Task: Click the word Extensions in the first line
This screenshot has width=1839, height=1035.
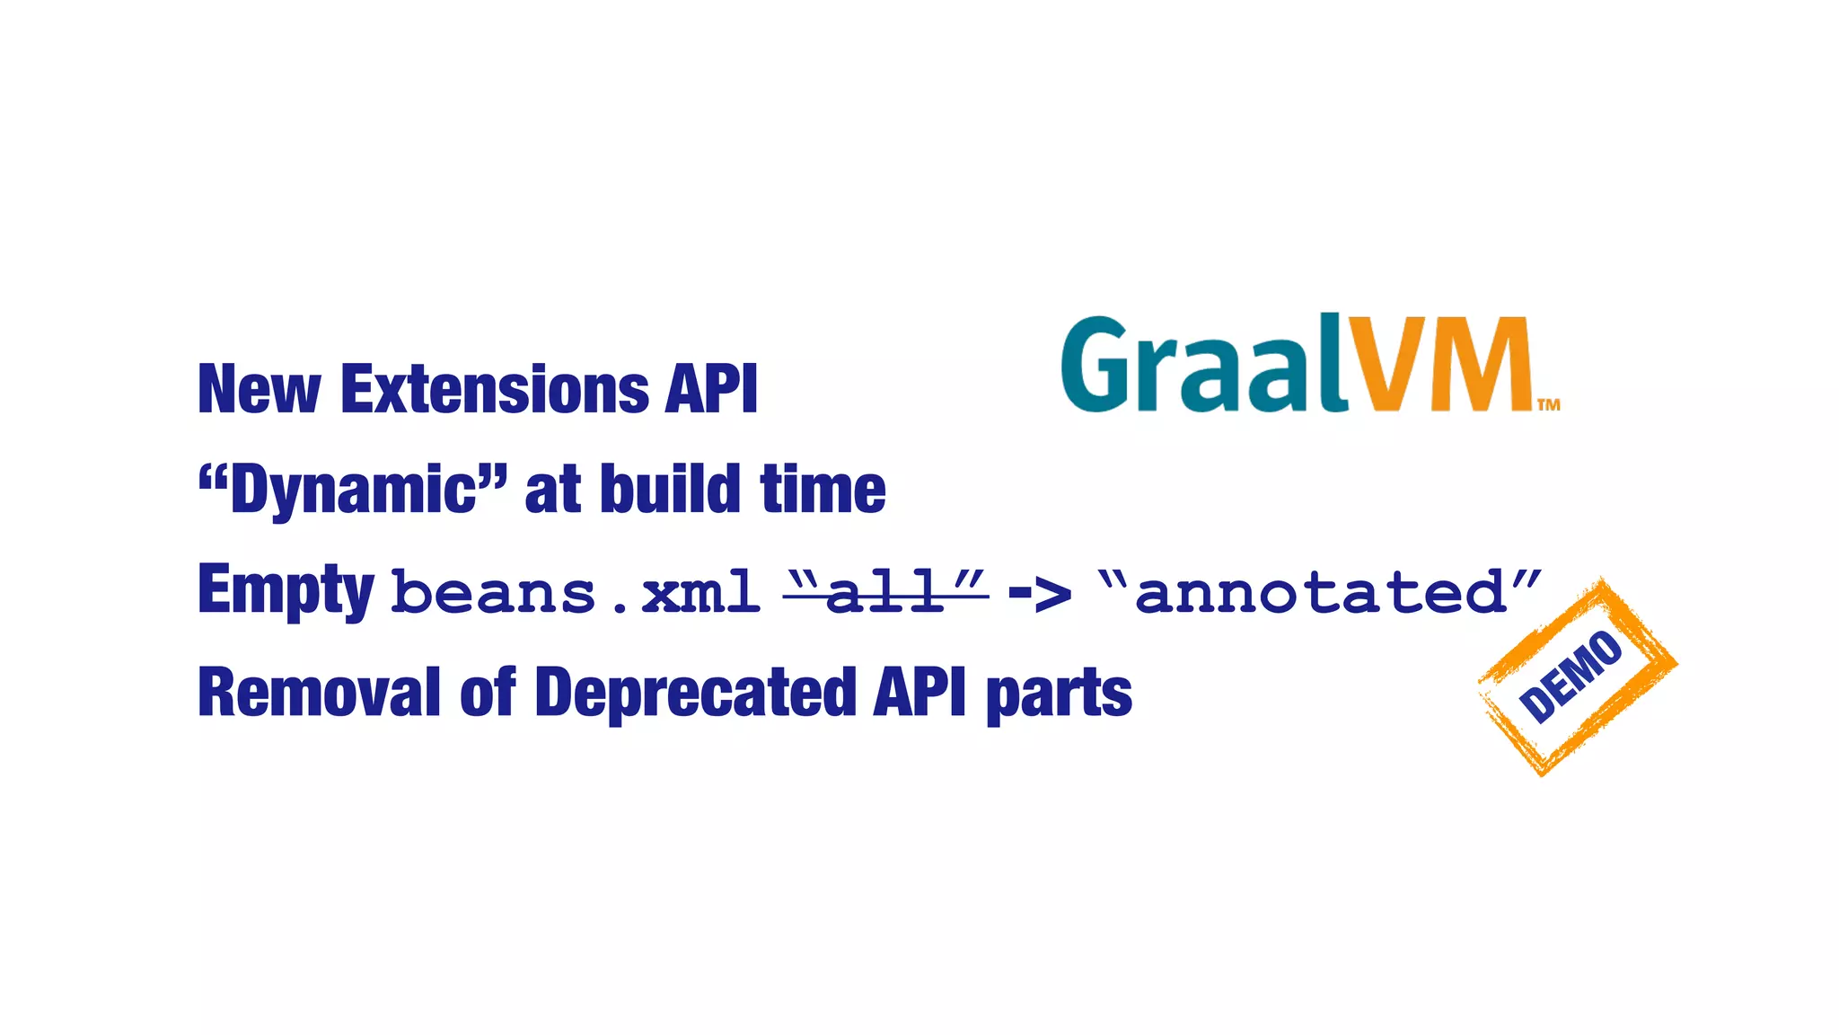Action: pos(494,390)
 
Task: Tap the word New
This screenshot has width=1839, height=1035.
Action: pos(259,390)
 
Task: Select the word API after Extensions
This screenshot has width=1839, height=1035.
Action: pos(711,390)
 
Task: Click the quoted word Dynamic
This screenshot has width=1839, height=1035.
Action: pos(353,490)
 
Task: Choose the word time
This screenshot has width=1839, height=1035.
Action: pos(823,490)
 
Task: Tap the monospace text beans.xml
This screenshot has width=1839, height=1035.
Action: pos(576,593)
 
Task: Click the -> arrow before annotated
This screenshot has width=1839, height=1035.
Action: pos(1040,593)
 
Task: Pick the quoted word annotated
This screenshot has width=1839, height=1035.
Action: pos(1320,593)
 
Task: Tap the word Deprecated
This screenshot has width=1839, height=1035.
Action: pos(696,693)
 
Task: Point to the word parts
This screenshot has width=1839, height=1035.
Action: pos(1060,694)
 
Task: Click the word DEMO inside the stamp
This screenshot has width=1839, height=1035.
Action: pos(1571,676)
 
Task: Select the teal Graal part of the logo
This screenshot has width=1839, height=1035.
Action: pos(1203,365)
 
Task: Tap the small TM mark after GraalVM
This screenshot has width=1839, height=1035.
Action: pos(1549,404)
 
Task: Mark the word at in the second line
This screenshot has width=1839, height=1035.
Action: pos(550,490)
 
